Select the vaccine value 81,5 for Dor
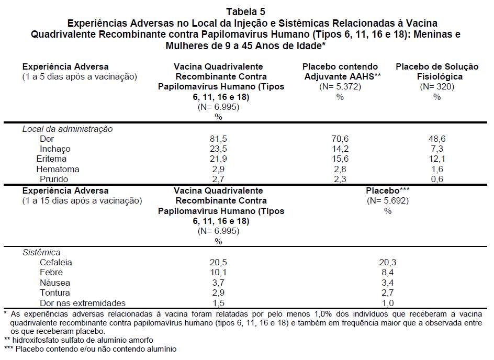click(x=218, y=139)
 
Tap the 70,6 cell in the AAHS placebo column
click(x=340, y=139)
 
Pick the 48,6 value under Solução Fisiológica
click(x=437, y=139)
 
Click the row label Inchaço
click(x=55, y=149)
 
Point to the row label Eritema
click(x=51, y=159)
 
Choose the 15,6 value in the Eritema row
click(x=340, y=159)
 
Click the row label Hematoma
click(x=58, y=169)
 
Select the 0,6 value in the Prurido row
click(x=437, y=179)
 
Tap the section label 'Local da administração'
click(x=67, y=129)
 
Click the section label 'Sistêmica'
click(x=41, y=252)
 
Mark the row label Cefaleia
click(x=56, y=262)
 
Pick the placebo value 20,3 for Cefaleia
click(x=387, y=262)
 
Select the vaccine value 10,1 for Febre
click(x=218, y=272)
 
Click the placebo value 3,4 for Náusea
click(x=387, y=283)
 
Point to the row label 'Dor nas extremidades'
click(x=83, y=303)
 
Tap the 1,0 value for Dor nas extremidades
click(x=387, y=303)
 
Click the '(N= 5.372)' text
click(x=340, y=87)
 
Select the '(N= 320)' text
click(x=437, y=87)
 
